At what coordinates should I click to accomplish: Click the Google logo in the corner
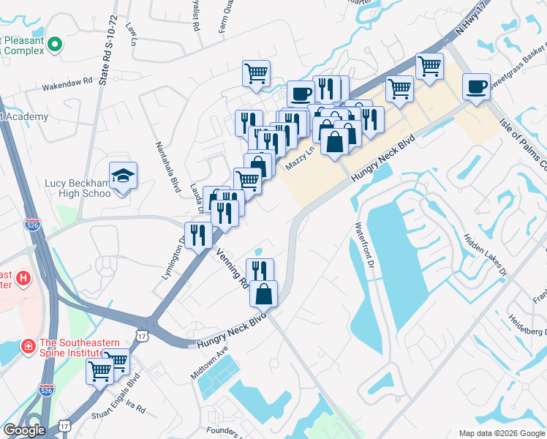click(23, 430)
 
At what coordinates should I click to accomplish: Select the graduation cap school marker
click(124, 176)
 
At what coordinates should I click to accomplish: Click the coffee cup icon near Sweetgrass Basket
click(477, 88)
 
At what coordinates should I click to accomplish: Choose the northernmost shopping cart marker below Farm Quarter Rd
click(256, 74)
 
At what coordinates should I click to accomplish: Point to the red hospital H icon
click(23, 278)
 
